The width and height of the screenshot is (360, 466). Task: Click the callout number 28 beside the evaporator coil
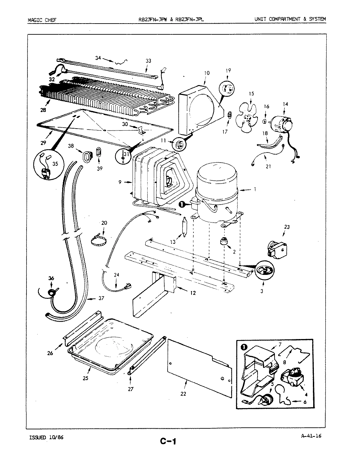pos(43,110)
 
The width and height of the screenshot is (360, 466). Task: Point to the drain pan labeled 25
pos(110,344)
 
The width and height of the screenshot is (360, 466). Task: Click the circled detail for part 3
pos(264,270)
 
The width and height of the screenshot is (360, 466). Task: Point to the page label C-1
pos(168,441)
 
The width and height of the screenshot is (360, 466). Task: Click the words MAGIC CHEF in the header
pos(42,19)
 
